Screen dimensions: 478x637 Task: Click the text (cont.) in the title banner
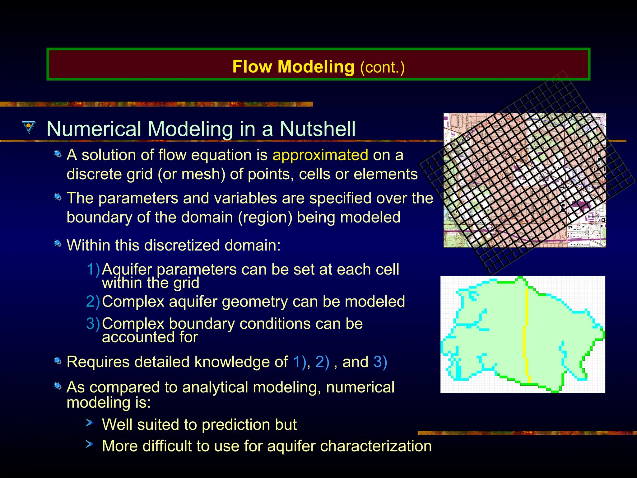pyautogui.click(x=382, y=67)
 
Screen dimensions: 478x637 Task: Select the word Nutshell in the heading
pyautogui.click(x=318, y=129)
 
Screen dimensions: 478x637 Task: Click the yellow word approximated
pyautogui.click(x=320, y=155)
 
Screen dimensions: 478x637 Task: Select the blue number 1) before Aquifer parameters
pyautogui.click(x=93, y=269)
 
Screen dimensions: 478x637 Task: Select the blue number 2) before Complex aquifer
pyautogui.click(x=93, y=302)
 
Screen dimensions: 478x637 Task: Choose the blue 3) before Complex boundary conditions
pyautogui.click(x=93, y=324)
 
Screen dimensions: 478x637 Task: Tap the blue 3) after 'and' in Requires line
pyautogui.click(x=380, y=362)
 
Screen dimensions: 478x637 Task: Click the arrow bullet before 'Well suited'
pyautogui.click(x=90, y=423)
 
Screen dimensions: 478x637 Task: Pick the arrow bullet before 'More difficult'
pyautogui.click(x=90, y=444)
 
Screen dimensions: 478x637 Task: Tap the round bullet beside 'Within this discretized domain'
pyautogui.click(x=58, y=243)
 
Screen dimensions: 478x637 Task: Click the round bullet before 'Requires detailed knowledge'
pyautogui.click(x=58, y=360)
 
